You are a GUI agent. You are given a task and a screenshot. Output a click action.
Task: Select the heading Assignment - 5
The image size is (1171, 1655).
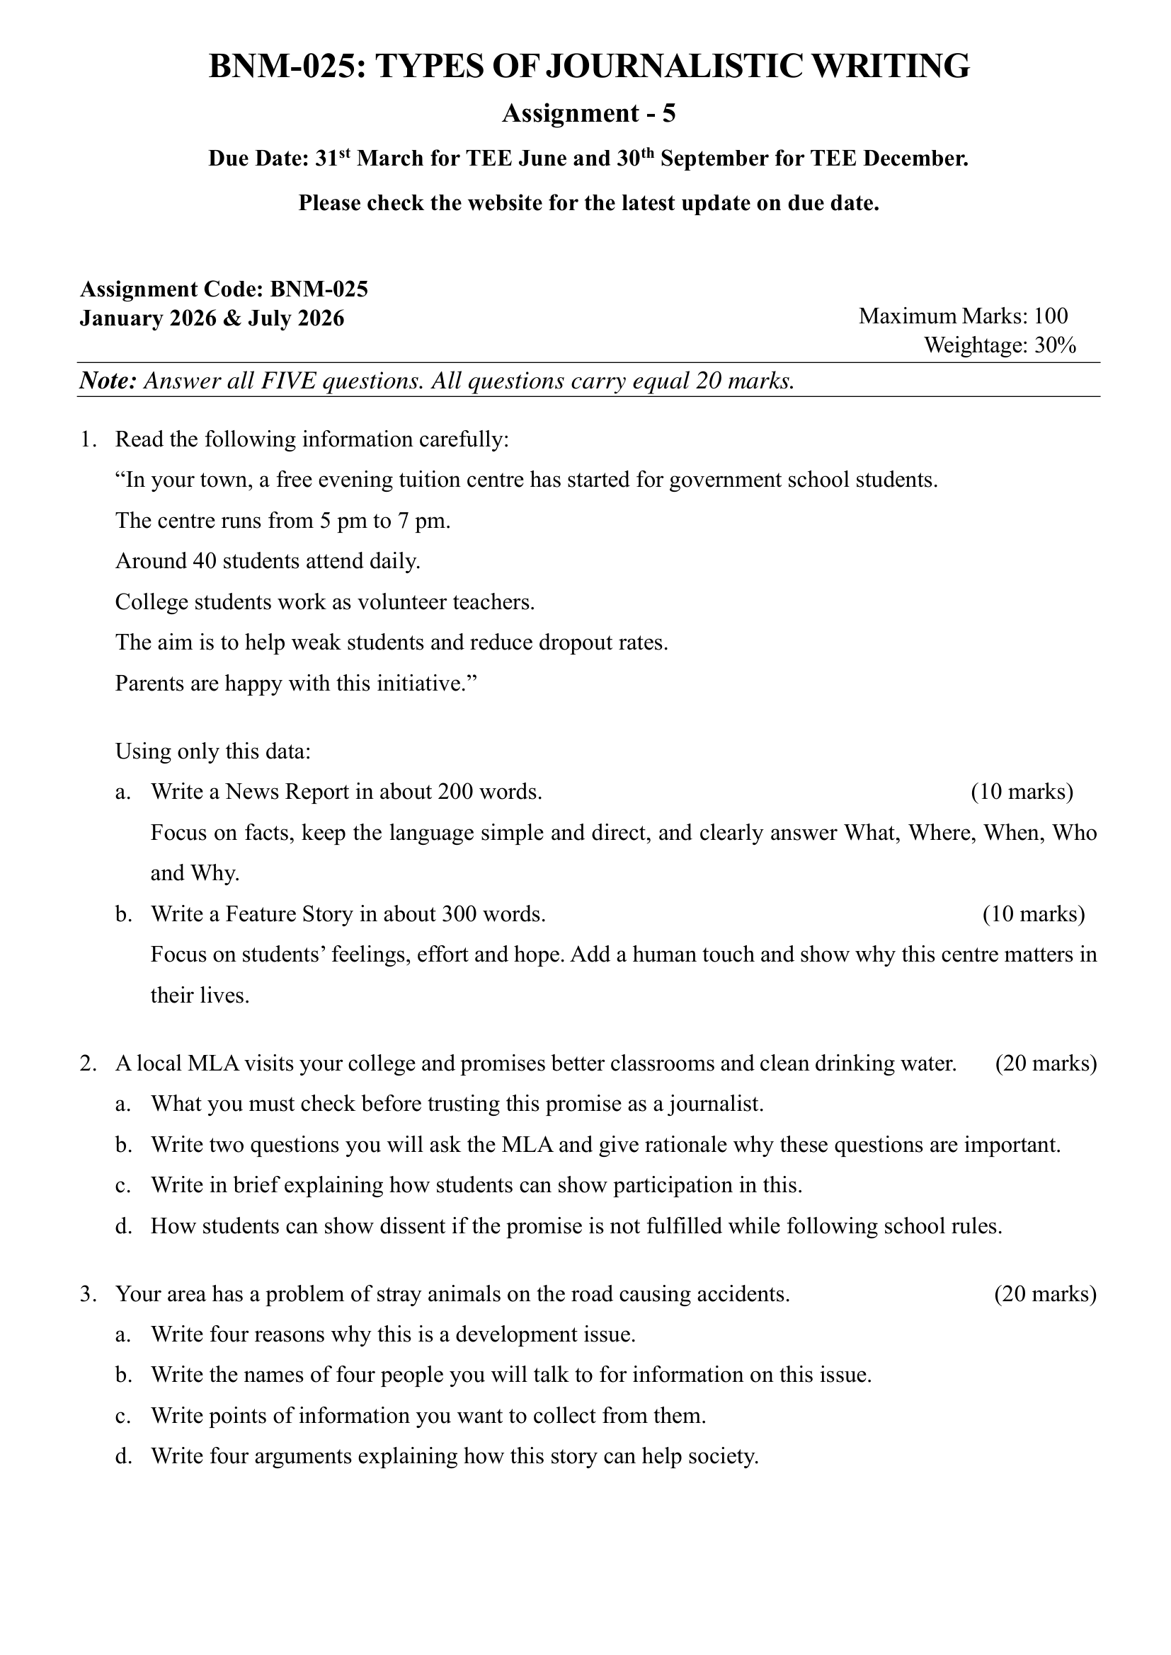(x=588, y=114)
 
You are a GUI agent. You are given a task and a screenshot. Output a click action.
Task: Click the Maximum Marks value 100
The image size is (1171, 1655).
(x=1051, y=316)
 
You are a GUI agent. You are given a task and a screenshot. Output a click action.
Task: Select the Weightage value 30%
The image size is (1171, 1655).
(x=1056, y=345)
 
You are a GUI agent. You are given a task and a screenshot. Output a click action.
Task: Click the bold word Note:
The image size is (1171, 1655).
(x=108, y=381)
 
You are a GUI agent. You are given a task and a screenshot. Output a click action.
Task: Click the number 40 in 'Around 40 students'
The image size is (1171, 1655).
(x=205, y=561)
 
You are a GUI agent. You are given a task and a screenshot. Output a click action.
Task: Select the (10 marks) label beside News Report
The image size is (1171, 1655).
(x=1022, y=792)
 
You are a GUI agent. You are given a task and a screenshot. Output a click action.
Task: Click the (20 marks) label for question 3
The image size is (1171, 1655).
(x=1045, y=1294)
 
